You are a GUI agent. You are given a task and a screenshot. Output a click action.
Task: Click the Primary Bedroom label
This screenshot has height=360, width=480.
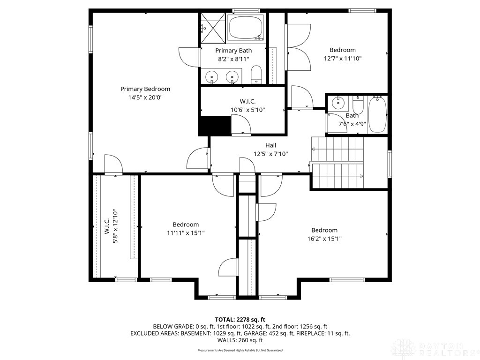point(145,89)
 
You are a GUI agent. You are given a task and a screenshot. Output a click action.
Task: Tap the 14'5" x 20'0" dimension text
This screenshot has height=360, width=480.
point(145,97)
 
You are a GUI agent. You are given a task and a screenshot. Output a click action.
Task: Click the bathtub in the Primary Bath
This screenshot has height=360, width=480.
point(245,28)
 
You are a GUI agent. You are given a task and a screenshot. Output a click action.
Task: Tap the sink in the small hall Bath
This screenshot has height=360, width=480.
point(337,103)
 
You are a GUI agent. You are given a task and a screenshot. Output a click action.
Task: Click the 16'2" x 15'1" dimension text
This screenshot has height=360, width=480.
point(324,239)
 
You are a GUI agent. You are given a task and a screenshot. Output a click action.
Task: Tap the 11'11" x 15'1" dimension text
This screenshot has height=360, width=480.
point(186,233)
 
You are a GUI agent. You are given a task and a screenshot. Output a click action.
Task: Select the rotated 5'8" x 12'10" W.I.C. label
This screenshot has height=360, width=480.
point(111,226)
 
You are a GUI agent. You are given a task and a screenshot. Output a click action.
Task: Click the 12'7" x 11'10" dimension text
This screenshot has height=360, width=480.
point(343,59)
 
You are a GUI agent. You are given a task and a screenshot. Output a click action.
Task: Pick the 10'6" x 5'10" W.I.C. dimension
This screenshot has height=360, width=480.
point(248,110)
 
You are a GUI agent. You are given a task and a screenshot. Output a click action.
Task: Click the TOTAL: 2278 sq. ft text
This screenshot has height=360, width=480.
point(240,319)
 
